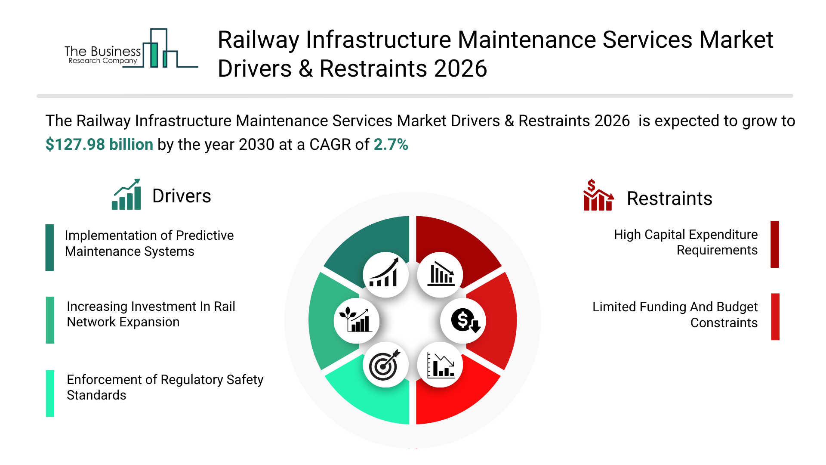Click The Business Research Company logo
coord(129,50)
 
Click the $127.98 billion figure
coord(99,144)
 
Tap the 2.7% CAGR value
coord(391,144)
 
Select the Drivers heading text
coord(182,196)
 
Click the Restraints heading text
coord(669,198)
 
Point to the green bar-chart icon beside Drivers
coord(126,195)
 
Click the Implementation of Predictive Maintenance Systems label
coord(149,243)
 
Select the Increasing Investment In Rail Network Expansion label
coord(151,314)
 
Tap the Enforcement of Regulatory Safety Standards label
coord(164,387)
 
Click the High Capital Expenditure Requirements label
coord(686,242)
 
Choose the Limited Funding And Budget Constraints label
coord(675,315)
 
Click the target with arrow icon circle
coord(385,365)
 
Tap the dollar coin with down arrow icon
coord(463,321)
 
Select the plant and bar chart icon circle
coord(356,321)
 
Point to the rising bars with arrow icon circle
coord(385,275)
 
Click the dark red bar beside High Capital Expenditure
coord(775,244)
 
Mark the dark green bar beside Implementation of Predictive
coord(50,248)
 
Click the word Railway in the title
coord(258,40)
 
